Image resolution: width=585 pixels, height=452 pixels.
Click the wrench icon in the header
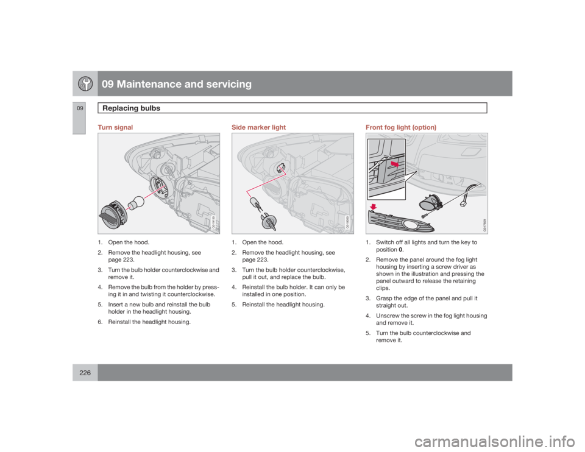point(84,84)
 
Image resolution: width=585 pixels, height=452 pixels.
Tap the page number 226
point(80,372)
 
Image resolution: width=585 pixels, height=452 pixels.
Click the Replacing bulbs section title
point(127,108)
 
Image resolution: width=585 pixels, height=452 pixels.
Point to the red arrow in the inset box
point(394,164)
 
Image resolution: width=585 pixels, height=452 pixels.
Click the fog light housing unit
point(431,203)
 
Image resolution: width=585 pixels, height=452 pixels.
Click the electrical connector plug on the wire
point(471,205)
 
